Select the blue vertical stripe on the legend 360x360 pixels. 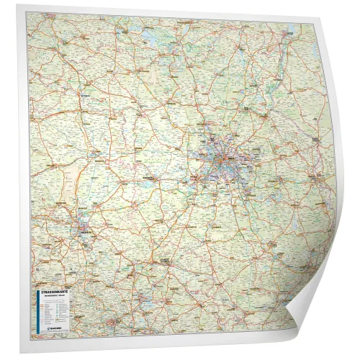click(33, 310)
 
